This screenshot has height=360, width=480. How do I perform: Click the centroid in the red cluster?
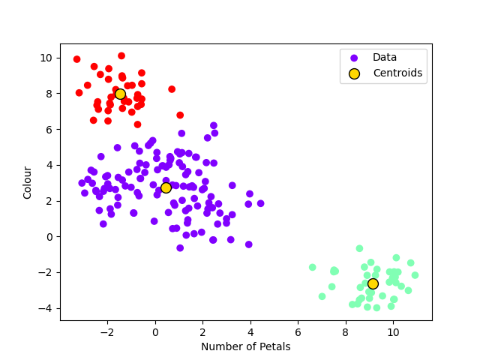click(120, 94)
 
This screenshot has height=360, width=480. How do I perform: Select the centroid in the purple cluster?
click(166, 187)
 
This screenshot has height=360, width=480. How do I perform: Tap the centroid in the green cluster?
click(373, 283)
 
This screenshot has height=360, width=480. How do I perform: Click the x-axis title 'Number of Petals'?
click(246, 346)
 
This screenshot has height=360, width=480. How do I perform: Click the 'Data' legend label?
click(385, 57)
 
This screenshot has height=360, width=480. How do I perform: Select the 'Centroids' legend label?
click(397, 73)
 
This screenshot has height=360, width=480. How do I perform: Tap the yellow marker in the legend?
click(354, 73)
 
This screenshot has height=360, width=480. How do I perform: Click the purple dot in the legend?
click(354, 58)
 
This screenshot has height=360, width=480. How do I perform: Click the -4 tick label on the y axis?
click(46, 308)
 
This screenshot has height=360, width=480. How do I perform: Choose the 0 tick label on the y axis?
click(49, 237)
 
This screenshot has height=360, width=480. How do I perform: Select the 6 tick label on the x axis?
click(298, 331)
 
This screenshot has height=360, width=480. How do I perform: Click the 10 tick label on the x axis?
click(393, 331)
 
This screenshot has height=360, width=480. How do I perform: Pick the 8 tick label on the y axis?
click(49, 94)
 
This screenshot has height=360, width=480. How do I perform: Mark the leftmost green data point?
click(313, 267)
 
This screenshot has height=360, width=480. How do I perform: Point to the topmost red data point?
click(121, 55)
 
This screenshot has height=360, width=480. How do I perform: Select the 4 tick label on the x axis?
click(250, 331)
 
